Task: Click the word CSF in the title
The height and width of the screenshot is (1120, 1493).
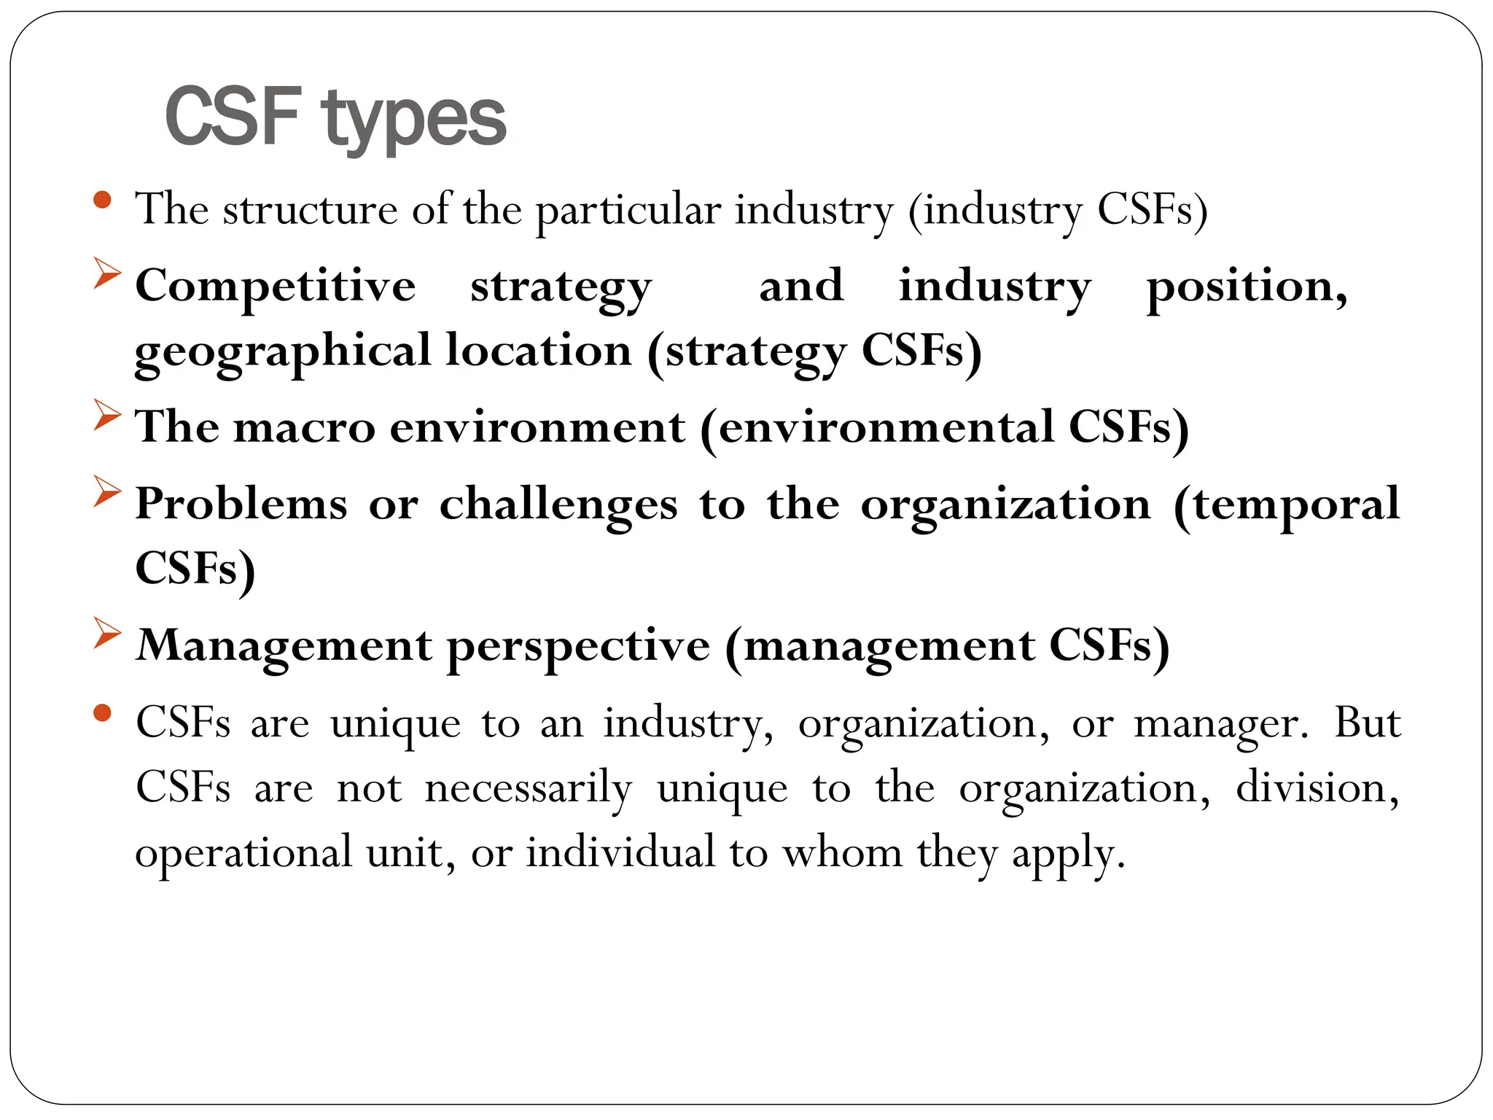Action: coord(233,116)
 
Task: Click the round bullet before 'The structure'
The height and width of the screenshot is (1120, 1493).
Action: coord(103,200)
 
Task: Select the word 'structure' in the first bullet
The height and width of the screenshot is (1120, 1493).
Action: coord(310,209)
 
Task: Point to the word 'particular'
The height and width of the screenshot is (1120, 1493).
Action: coord(628,211)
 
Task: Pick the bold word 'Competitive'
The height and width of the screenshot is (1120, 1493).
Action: coord(276,285)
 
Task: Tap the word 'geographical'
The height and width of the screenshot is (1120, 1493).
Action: coord(283,351)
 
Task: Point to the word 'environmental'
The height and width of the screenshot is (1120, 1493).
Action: coord(886,427)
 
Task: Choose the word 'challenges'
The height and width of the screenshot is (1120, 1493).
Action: coord(558,504)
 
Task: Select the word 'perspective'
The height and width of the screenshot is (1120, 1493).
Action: coord(578,647)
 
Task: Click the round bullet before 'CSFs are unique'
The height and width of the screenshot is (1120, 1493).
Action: coord(103,712)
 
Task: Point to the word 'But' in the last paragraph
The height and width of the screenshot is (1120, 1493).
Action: coord(1368,723)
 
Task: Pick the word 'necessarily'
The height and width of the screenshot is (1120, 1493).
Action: coord(529,789)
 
